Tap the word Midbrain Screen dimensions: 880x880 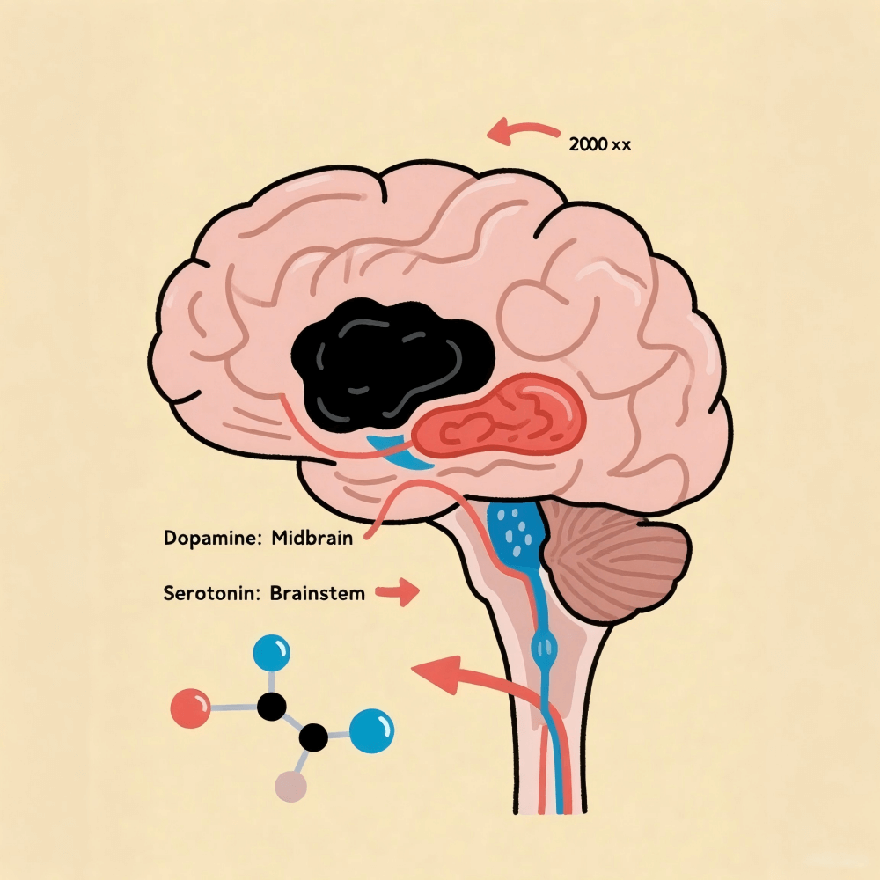pos(312,537)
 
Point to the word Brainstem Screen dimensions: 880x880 pos(318,592)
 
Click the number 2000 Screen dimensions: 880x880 pos(588,144)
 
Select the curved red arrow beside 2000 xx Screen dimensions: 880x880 pos(522,130)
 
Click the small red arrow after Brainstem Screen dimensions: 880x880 pos(398,592)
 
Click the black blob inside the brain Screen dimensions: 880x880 pos(390,365)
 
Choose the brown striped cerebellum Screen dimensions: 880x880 pos(614,561)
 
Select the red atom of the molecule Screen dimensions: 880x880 pos(190,708)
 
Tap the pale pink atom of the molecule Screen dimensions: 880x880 pos(290,786)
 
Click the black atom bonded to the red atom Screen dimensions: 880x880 pos(272,706)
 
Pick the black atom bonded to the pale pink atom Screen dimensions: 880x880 pos(313,737)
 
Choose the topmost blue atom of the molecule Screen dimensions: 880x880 pos(272,653)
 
